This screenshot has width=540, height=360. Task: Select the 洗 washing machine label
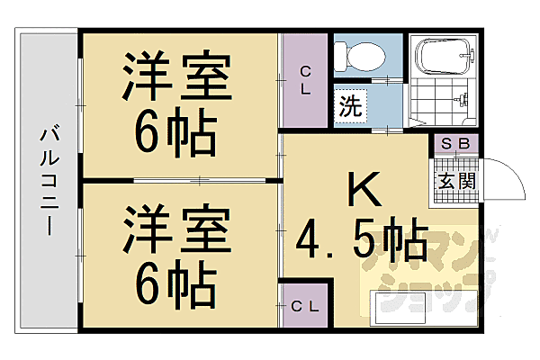pyautogui.click(x=351, y=104)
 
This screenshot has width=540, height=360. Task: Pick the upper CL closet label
pyautogui.click(x=305, y=80)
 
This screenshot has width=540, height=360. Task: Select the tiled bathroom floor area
pyautogui.click(x=444, y=102)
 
